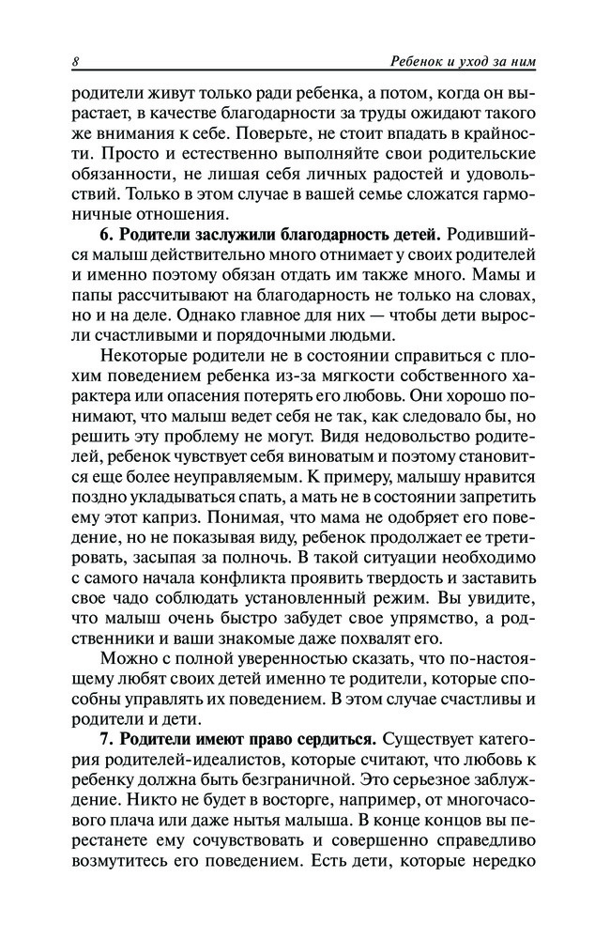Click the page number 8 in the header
[75, 63]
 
